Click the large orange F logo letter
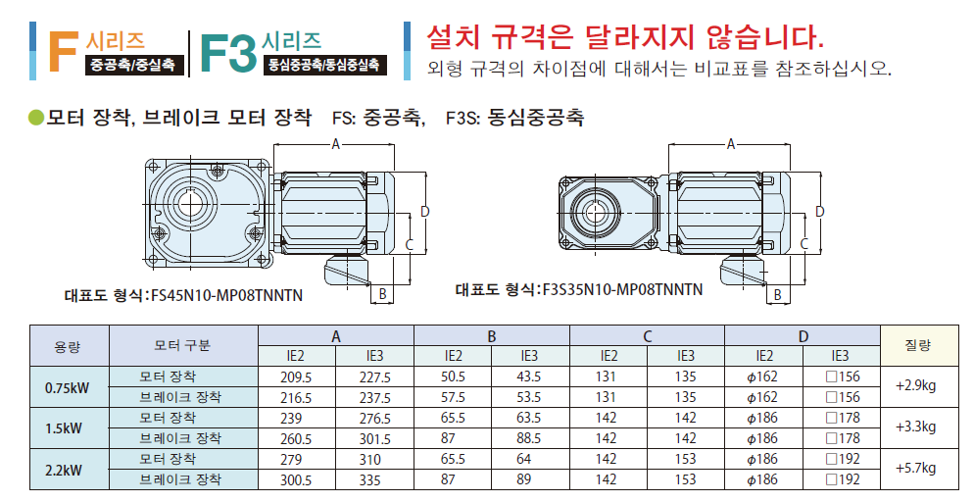click(64, 51)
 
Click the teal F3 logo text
click(228, 53)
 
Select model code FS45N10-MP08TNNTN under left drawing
click(226, 295)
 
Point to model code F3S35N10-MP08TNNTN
click(622, 289)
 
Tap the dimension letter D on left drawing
click(425, 212)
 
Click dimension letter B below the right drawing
click(777, 295)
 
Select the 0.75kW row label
click(67, 388)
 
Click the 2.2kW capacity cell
click(64, 471)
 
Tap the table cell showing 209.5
click(296, 377)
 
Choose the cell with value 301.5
click(375, 439)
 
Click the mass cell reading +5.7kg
click(915, 469)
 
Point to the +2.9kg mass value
click(915, 386)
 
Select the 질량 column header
click(917, 345)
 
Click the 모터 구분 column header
click(182, 345)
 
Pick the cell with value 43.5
click(528, 377)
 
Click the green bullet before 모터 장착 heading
click(36, 117)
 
